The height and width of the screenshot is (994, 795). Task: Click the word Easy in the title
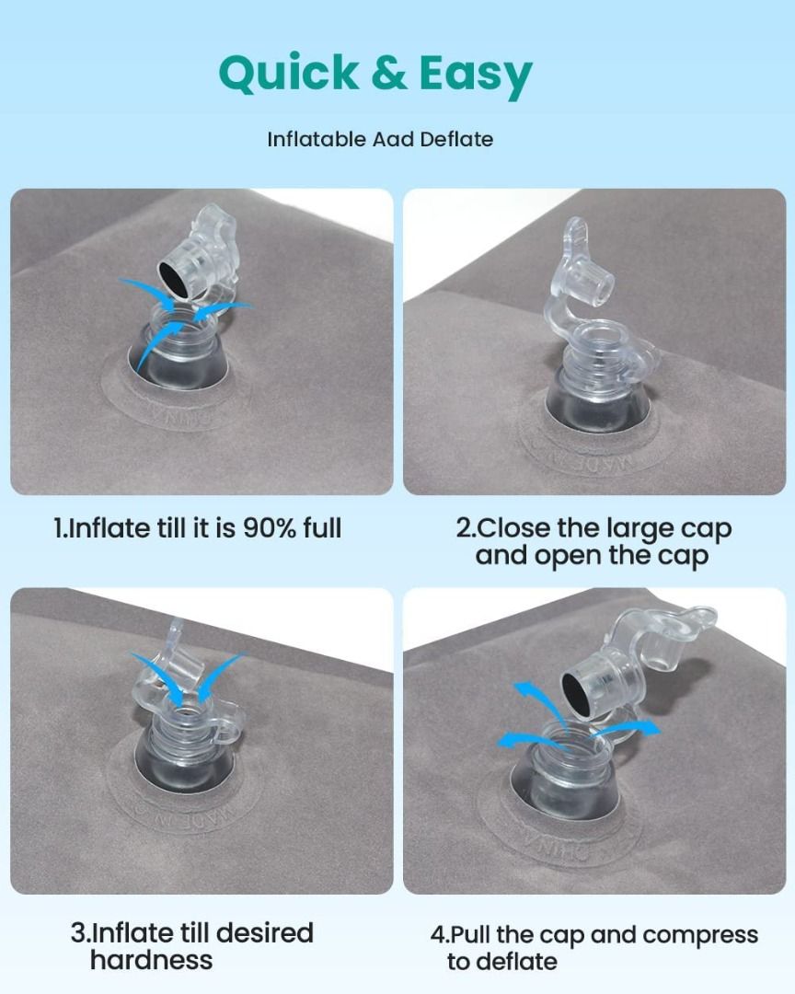pos(476,75)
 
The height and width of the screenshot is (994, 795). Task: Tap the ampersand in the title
pos(389,72)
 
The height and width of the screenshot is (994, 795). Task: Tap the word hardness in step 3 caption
pos(152,960)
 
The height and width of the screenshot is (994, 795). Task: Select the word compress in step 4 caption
pos(700,936)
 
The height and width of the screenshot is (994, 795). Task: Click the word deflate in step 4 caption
pos(502,962)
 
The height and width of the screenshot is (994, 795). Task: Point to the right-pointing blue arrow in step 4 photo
pos(626,730)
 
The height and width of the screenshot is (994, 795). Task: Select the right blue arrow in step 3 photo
pos(219,678)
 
